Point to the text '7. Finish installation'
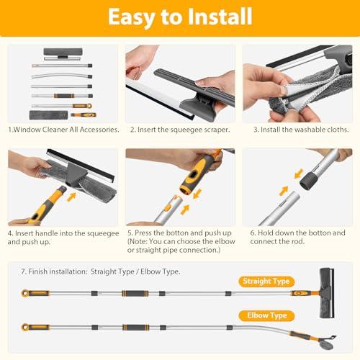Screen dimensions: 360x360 (x=61, y=271)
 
